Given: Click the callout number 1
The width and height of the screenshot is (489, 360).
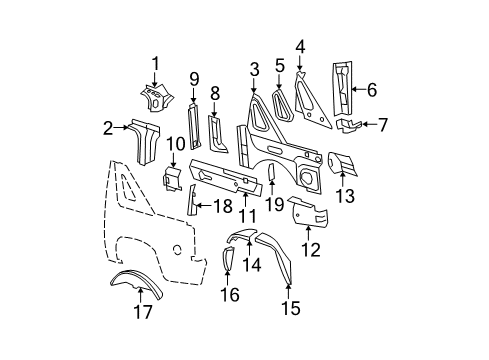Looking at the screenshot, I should [x=155, y=64].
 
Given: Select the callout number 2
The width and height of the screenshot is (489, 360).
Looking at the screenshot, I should [x=108, y=127].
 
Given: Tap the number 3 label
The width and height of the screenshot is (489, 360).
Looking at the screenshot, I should [x=255, y=68].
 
